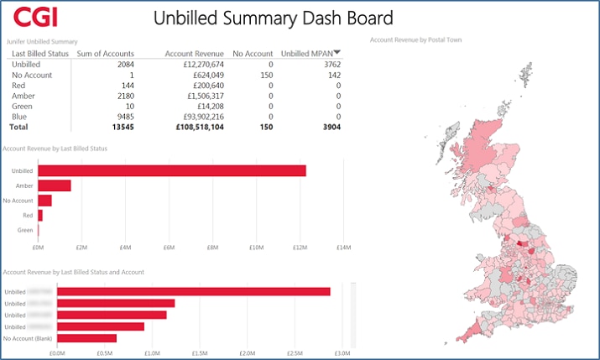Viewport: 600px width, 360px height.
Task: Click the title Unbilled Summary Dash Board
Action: [x=274, y=18]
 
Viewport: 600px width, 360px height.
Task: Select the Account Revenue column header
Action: [x=194, y=54]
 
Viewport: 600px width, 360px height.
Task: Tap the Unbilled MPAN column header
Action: [x=310, y=54]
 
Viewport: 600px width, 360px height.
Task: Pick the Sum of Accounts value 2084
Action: [x=124, y=65]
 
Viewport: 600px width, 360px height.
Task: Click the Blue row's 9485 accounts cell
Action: [x=123, y=117]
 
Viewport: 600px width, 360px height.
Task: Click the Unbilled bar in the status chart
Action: [x=171, y=170]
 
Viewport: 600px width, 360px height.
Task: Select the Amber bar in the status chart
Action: [x=55, y=185]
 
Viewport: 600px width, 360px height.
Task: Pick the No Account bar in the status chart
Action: [x=44, y=201]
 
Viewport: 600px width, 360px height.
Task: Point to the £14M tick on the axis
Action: [x=343, y=248]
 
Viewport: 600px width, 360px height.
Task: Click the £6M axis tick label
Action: [x=169, y=248]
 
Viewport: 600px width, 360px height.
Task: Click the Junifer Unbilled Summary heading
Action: [x=42, y=41]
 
